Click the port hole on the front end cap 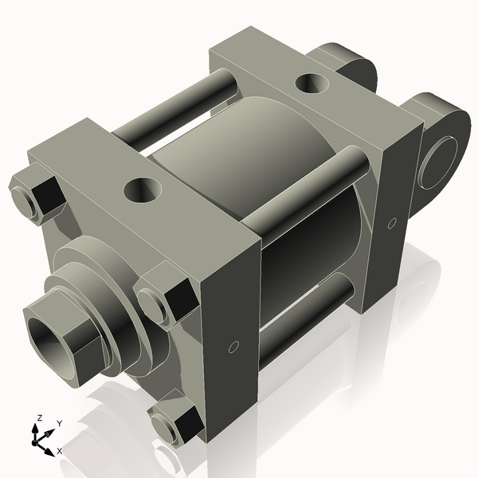[x=144, y=190]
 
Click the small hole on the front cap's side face [x=233, y=347]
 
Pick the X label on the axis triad [x=60, y=452]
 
